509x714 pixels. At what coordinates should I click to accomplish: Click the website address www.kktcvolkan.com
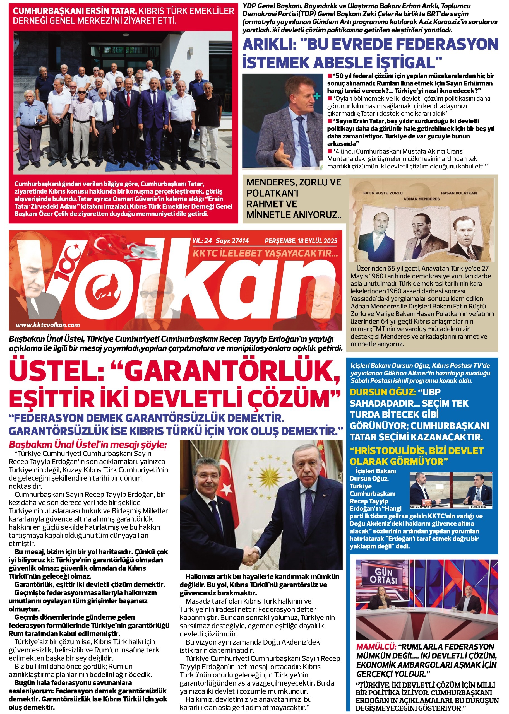tap(48, 325)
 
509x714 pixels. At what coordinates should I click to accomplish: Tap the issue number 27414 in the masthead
tap(240, 241)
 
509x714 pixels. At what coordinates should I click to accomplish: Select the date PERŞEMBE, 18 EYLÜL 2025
tap(301, 241)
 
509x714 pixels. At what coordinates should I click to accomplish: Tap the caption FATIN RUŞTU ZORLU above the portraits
tap(383, 193)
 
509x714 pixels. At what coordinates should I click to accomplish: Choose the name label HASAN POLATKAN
tap(458, 193)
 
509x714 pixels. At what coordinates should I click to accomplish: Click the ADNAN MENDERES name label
tap(421, 199)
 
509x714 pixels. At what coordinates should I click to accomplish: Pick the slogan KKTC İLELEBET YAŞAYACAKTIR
tap(265, 253)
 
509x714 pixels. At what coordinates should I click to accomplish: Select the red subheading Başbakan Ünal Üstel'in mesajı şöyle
tap(88, 444)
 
